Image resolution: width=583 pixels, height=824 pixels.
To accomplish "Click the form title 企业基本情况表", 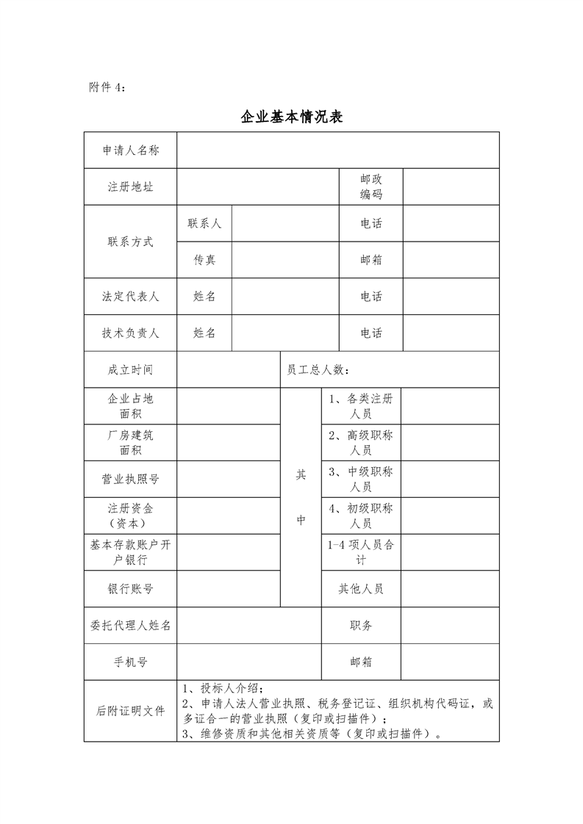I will (x=292, y=117).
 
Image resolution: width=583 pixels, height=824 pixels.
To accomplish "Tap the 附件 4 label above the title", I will (x=107, y=87).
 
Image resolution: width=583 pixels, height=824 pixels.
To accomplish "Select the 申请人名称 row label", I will (x=130, y=151).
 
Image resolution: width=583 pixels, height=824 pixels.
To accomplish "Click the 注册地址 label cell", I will (x=130, y=187).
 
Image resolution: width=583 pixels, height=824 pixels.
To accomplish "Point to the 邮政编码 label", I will (x=371, y=187).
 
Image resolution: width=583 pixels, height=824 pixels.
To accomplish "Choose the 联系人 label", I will (x=204, y=223).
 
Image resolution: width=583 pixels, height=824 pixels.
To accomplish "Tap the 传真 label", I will (x=204, y=260).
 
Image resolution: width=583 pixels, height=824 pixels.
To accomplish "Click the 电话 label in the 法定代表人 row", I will (x=371, y=297).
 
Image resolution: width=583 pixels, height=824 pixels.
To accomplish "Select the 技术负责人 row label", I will (x=130, y=333).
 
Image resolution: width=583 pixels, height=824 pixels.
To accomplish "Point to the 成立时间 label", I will (x=130, y=370).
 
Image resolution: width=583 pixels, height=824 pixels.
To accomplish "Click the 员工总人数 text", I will (x=318, y=370).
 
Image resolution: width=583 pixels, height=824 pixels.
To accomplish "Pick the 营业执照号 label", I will (x=130, y=480).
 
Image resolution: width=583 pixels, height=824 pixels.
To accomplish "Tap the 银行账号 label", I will (x=130, y=589).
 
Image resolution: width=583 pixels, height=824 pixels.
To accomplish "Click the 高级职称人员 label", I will (x=360, y=443).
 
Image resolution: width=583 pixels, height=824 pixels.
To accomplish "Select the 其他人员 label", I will (x=360, y=589).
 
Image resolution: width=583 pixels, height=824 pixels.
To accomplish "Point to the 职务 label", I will (x=360, y=626).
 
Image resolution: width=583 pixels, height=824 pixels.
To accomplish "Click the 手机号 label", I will (x=130, y=662).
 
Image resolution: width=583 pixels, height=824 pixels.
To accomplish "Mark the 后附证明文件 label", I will (x=130, y=711).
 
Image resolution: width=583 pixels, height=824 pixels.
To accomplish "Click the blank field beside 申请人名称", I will (x=337, y=151).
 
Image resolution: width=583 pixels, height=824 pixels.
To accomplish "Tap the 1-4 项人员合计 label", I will (x=360, y=553).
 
